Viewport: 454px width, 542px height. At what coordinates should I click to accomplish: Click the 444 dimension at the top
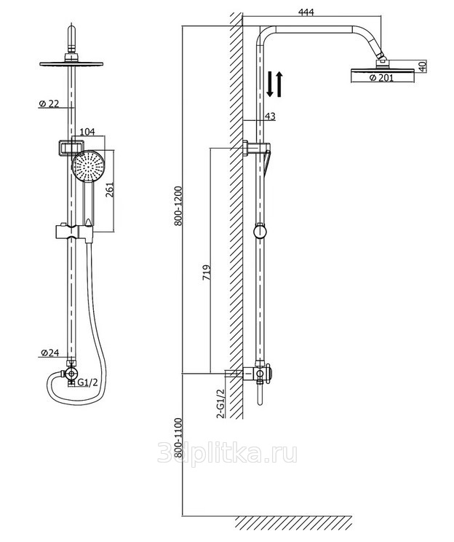[306, 12]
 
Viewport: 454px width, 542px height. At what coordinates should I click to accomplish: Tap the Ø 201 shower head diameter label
[381, 78]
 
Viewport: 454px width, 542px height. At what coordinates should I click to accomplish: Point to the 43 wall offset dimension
[271, 116]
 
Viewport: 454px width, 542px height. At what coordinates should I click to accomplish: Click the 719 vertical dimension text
[206, 272]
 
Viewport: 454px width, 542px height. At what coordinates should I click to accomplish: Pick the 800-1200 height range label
[178, 206]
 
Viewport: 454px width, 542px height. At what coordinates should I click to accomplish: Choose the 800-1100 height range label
[178, 437]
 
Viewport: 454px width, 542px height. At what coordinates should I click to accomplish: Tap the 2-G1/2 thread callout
[220, 404]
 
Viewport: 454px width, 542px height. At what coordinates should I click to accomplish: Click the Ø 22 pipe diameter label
[49, 103]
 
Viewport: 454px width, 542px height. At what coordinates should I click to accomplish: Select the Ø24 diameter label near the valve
[50, 353]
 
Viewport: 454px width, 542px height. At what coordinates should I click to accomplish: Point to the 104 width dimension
[87, 132]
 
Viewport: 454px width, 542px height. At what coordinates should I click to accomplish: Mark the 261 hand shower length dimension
[109, 189]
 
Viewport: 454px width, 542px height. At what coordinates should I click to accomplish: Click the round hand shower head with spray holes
[88, 165]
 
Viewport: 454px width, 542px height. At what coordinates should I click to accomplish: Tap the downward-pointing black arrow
[270, 83]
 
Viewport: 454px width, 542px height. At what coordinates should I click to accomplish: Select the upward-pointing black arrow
[279, 83]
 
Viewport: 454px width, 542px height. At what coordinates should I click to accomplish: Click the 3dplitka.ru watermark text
[227, 453]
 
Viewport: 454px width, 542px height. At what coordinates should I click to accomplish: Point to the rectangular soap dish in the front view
[71, 148]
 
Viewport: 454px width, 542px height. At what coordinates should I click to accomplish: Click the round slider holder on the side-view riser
[260, 231]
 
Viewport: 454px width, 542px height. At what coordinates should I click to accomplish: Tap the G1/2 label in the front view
[88, 382]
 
